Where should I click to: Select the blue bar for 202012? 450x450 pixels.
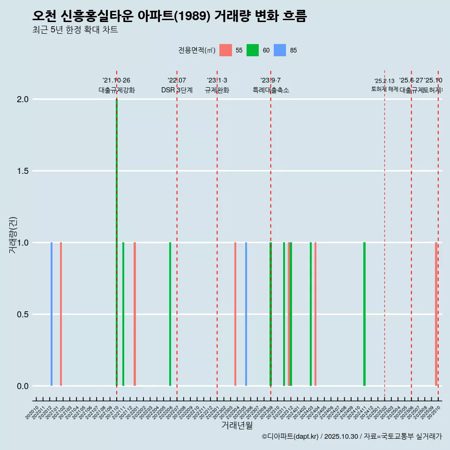52,314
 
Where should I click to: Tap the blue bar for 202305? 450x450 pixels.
246,314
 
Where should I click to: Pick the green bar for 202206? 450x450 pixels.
170,314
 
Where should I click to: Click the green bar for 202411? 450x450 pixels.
364,314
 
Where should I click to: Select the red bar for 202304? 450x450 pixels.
235,314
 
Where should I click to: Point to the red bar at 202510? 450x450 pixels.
436,314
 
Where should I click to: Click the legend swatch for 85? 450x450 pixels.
279,50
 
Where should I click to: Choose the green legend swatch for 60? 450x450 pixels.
253,50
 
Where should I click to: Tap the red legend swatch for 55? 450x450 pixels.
225,50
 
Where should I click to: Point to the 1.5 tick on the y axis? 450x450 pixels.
22,171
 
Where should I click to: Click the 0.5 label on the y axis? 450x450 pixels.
22,315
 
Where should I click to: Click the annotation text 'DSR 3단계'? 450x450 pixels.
177,90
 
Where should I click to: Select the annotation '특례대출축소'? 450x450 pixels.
270,90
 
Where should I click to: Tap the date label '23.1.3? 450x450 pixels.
217,81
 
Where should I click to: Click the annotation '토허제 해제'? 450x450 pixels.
384,89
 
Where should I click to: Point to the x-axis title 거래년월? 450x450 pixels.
237,426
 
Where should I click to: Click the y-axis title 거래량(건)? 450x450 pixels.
13,235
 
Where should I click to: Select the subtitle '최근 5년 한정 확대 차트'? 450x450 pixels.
75,30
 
